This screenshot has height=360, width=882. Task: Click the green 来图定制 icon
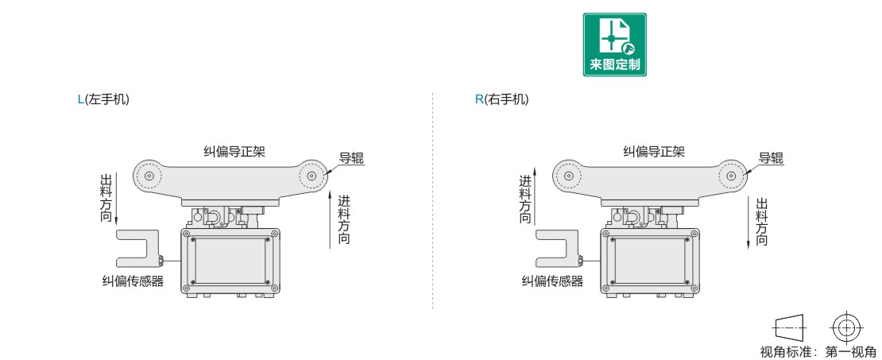pyautogui.click(x=614, y=45)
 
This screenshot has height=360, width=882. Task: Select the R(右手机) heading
pyautogui.click(x=501, y=99)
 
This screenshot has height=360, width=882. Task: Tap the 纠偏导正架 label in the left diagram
pyautogui.click(x=234, y=151)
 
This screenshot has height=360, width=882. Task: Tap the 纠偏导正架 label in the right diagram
pyautogui.click(x=653, y=151)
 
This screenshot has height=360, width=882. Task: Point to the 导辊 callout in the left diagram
pyautogui.click(x=351, y=157)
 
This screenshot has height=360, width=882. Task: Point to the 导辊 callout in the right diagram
pyautogui.click(x=771, y=157)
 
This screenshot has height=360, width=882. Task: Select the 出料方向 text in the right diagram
pyautogui.click(x=762, y=219)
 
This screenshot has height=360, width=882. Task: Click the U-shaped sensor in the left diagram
pyautogui.click(x=138, y=248)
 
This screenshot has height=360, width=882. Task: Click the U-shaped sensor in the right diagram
pyautogui.click(x=557, y=248)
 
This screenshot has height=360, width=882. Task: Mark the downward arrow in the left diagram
pyautogui.click(x=117, y=195)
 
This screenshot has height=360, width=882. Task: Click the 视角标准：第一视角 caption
pyautogui.click(x=819, y=351)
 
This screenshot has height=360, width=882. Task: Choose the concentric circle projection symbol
pyautogui.click(x=848, y=326)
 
